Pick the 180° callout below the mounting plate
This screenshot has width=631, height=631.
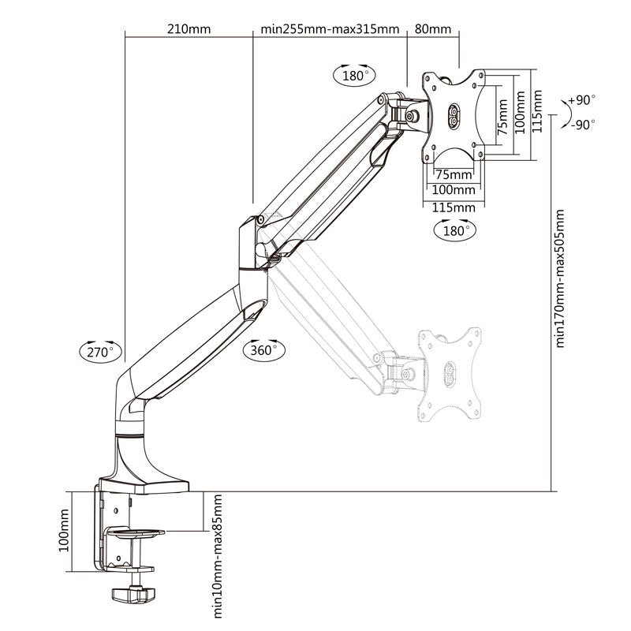click(454, 230)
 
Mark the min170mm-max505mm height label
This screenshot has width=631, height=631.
click(561, 278)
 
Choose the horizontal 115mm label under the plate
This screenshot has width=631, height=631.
click(454, 207)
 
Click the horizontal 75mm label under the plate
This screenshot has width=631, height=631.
click(454, 174)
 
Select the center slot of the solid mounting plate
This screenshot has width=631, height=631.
click(454, 115)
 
